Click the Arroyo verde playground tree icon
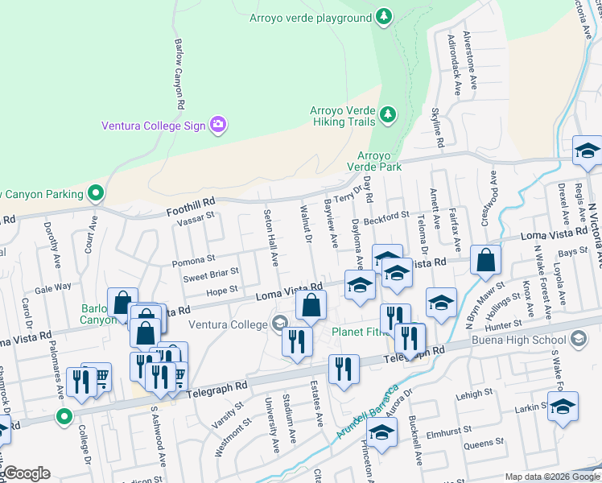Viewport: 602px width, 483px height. [385, 17]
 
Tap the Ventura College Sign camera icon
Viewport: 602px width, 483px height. [217, 125]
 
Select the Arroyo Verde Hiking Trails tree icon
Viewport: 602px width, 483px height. [388, 114]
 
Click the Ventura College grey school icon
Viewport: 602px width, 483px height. [279, 324]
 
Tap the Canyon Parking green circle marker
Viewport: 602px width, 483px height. [96, 193]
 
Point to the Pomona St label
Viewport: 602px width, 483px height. [193, 260]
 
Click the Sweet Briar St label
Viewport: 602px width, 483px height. [212, 275]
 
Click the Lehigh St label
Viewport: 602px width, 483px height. [475, 393]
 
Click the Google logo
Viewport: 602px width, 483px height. [26, 473]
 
